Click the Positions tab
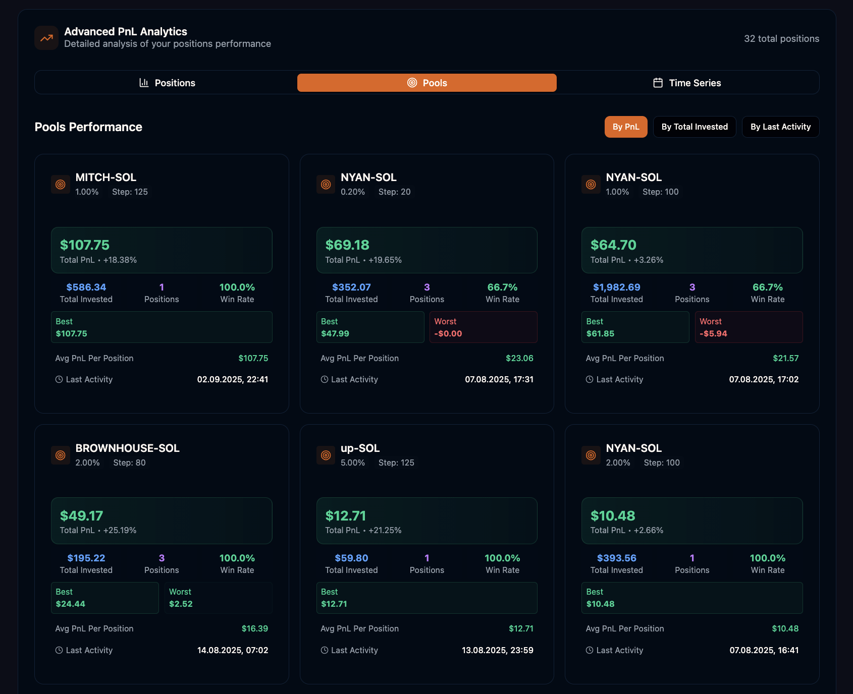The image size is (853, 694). [167, 83]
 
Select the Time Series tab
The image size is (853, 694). [687, 83]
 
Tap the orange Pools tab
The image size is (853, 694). [427, 83]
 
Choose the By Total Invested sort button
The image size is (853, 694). [695, 127]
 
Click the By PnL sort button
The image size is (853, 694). [626, 127]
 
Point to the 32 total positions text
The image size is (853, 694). [781, 39]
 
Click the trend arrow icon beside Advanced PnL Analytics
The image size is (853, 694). [46, 38]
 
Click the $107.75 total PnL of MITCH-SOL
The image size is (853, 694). [85, 245]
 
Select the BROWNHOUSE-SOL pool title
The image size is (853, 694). [127, 448]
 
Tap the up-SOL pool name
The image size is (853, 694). [360, 448]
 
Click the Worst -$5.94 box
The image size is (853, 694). [749, 327]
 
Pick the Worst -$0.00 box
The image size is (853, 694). [483, 327]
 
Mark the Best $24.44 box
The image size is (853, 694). [105, 598]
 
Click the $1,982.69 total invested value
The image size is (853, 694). [616, 287]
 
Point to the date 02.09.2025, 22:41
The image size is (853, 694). [232, 379]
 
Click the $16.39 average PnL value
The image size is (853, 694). [254, 628]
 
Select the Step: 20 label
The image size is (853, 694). [394, 192]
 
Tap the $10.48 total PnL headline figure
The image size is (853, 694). [613, 515]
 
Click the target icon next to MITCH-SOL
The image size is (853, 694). [61, 185]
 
